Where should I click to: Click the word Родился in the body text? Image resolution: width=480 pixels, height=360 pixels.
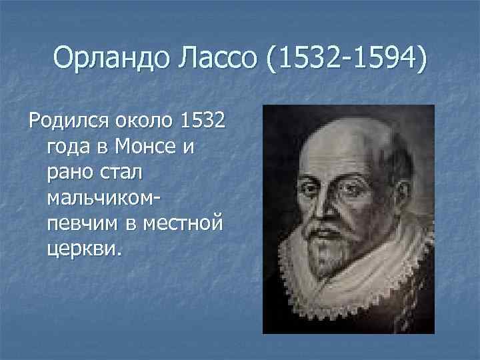pyautogui.click(x=64, y=122)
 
